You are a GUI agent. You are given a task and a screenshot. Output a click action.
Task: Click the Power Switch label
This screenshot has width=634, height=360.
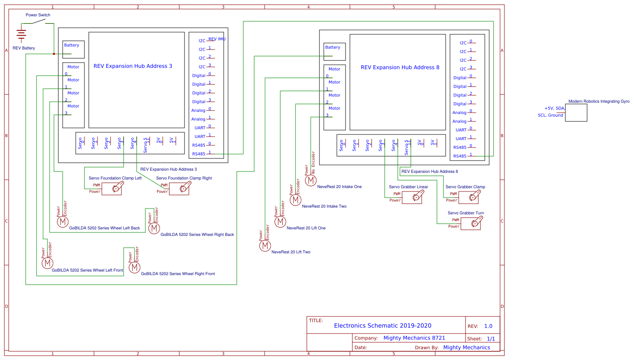[x=38, y=15]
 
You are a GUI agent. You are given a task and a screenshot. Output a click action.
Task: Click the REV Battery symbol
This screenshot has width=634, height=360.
[x=21, y=34]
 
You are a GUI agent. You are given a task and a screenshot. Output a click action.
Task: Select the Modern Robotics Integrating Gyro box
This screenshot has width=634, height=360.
[x=576, y=113]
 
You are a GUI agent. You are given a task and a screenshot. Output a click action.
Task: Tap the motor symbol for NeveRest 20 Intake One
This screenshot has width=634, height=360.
[x=311, y=180]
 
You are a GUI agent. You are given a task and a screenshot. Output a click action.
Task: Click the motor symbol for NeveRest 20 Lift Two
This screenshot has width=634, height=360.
[x=265, y=246]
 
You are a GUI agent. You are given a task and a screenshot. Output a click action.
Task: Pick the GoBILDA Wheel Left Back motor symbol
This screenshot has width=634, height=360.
[x=63, y=222]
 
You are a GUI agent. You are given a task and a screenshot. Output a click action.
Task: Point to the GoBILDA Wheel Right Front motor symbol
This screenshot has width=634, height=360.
[x=134, y=267]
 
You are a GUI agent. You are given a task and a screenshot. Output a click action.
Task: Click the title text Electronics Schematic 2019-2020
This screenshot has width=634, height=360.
[x=382, y=326]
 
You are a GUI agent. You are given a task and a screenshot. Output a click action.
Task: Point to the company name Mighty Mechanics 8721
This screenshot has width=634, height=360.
[x=414, y=338]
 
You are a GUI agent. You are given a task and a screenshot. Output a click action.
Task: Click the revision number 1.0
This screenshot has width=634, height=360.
[x=488, y=326]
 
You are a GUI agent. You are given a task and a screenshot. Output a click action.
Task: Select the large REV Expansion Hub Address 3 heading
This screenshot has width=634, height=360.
[x=133, y=66]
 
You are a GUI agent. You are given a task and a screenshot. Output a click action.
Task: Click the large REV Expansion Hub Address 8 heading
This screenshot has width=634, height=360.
[x=400, y=67]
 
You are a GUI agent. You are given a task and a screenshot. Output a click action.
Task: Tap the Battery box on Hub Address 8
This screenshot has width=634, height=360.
[x=334, y=51]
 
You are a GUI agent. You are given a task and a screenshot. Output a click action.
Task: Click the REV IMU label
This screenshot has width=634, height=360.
[x=217, y=39]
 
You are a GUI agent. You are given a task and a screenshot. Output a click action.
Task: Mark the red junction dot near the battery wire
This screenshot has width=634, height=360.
[x=54, y=54]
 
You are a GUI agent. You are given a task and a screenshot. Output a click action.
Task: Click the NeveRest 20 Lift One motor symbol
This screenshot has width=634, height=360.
[x=280, y=222]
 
